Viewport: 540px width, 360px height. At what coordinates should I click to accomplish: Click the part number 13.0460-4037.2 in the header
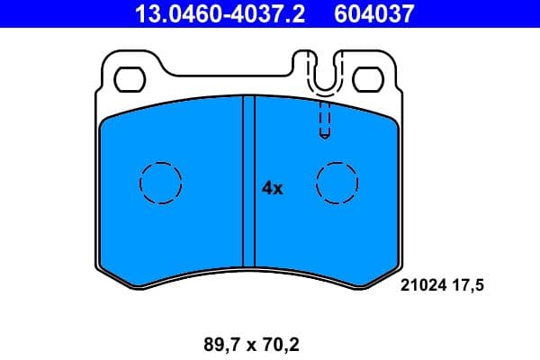tap(209, 13)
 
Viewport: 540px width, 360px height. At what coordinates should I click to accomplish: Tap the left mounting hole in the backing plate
tap(132, 78)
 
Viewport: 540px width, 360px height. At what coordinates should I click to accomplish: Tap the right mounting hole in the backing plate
tap(368, 78)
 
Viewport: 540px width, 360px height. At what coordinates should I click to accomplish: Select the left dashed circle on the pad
tap(161, 183)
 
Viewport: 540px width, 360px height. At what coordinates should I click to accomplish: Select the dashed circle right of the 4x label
tap(337, 183)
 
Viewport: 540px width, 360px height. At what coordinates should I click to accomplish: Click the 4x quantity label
tap(272, 188)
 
